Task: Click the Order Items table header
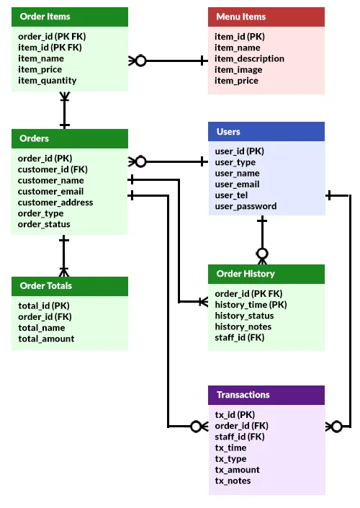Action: (x=70, y=17)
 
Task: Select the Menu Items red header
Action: (x=266, y=17)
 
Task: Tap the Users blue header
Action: (x=266, y=132)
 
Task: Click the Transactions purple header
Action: (x=266, y=395)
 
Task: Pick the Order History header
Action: (x=266, y=274)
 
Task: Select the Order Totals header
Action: (x=70, y=286)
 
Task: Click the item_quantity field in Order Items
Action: (x=48, y=81)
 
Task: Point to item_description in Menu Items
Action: (x=249, y=58)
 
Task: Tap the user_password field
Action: (x=246, y=206)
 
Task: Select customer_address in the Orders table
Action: (x=55, y=202)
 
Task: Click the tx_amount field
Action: (x=237, y=470)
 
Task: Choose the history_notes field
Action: (x=243, y=326)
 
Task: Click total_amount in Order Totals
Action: (x=46, y=339)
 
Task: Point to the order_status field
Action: (x=44, y=224)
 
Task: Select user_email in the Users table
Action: (x=237, y=184)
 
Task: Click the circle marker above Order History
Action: (x=262, y=254)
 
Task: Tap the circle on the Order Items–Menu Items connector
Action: (x=140, y=61)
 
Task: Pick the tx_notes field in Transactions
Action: (x=233, y=481)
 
